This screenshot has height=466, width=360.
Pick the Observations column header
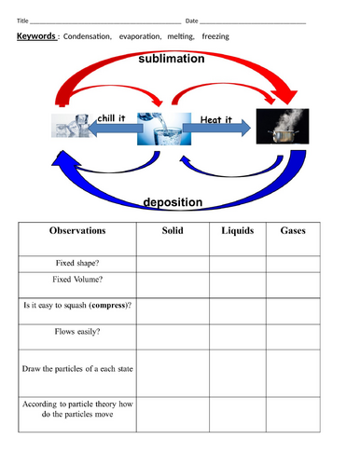pyautogui.click(x=76, y=230)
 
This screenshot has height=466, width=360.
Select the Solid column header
pyautogui.click(x=172, y=230)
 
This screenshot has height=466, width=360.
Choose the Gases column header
pyautogui.click(x=292, y=230)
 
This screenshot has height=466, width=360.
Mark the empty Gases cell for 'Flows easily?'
pyautogui.click(x=292, y=331)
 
